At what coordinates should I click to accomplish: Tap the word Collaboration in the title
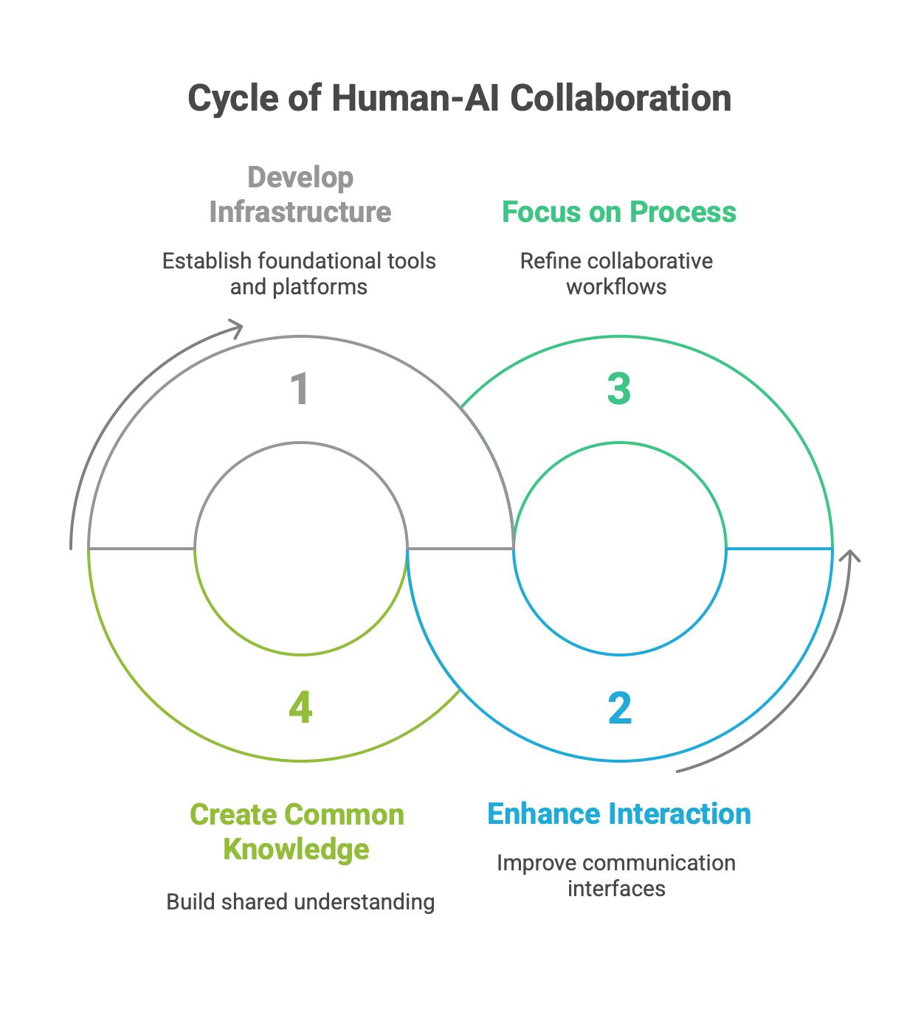(621, 99)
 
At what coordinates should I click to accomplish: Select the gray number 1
(299, 389)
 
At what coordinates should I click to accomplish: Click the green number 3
(619, 389)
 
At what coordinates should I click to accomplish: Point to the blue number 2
(620, 708)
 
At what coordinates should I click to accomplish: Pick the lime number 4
(300, 708)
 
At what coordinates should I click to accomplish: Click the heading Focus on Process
(619, 212)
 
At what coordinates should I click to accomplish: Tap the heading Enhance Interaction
(619, 814)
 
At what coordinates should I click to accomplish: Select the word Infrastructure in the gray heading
(300, 212)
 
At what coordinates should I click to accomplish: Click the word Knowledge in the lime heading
(297, 849)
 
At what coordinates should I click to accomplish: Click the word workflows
(616, 287)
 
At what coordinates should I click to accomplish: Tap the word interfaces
(616, 889)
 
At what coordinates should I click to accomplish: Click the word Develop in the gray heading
(300, 178)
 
